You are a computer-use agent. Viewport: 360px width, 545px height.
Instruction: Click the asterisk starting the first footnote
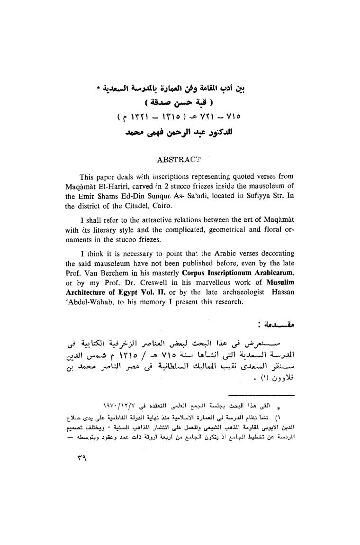pyautogui.click(x=279, y=407)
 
